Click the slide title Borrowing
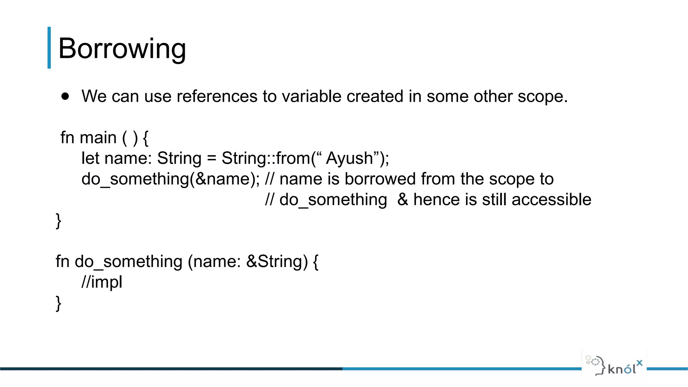click(122, 49)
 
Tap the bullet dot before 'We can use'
click(65, 96)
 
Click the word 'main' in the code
click(98, 138)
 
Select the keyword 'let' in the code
click(90, 158)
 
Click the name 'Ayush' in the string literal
click(349, 158)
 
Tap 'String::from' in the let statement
click(265, 158)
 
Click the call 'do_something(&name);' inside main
click(170, 179)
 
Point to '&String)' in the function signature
click(277, 261)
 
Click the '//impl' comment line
click(102, 282)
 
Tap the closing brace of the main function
click(58, 221)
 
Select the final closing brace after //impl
click(58, 303)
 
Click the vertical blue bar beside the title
click(49, 48)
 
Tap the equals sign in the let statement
click(211, 159)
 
